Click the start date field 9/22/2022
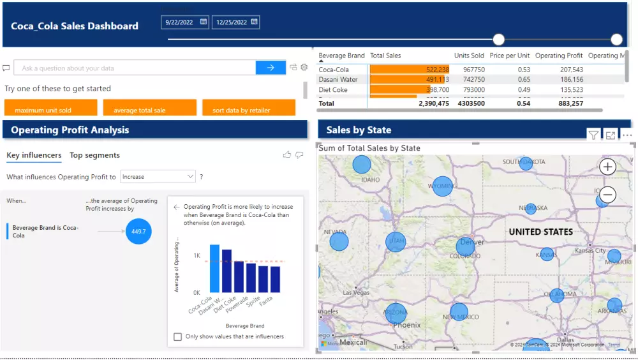coord(181,22)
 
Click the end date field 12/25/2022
coord(232,22)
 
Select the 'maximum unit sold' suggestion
coord(50,110)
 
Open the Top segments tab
coord(94,155)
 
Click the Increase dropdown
coord(158,177)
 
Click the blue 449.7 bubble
coord(138,232)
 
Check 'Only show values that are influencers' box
coord(178,336)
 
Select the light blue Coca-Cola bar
coord(214,269)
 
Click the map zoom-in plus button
coord(608,167)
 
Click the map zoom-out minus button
coord(608,195)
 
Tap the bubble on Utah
coord(396,242)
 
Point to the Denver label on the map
coord(472,243)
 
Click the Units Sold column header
coord(469,56)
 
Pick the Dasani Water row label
coord(338,80)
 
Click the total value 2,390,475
coord(434,103)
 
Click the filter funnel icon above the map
coord(593,135)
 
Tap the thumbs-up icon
coord(287,154)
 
